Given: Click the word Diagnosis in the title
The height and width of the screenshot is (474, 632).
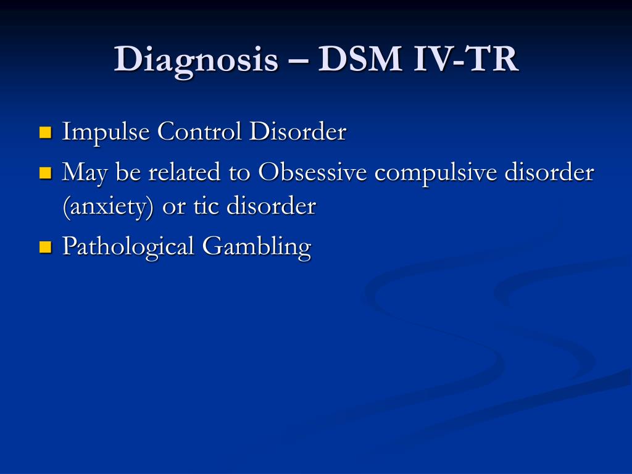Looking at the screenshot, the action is pyautogui.click(x=196, y=60).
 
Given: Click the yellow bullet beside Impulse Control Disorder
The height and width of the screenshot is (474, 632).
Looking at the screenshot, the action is pyautogui.click(x=46, y=132).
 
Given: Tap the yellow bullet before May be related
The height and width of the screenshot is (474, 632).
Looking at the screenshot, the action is pyautogui.click(x=46, y=173).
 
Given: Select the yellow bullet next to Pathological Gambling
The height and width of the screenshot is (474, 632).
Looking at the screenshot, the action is pyautogui.click(x=46, y=247).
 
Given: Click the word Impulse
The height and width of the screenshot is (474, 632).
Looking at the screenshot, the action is pyautogui.click(x=106, y=132).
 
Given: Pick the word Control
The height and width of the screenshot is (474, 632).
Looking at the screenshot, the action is pyautogui.click(x=199, y=131).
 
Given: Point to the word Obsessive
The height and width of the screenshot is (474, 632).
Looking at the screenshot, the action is pyautogui.click(x=312, y=172).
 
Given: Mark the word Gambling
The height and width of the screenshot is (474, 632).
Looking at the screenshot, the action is pyautogui.click(x=256, y=247).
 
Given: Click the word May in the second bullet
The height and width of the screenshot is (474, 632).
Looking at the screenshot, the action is pyautogui.click(x=85, y=173).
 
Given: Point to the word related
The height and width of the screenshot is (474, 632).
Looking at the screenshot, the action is pyautogui.click(x=184, y=172).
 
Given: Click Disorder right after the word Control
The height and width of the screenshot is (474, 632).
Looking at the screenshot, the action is pyautogui.click(x=297, y=131).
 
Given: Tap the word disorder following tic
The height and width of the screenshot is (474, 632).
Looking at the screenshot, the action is pyautogui.click(x=271, y=206).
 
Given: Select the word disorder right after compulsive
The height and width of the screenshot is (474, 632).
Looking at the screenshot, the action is pyautogui.click(x=549, y=172).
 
